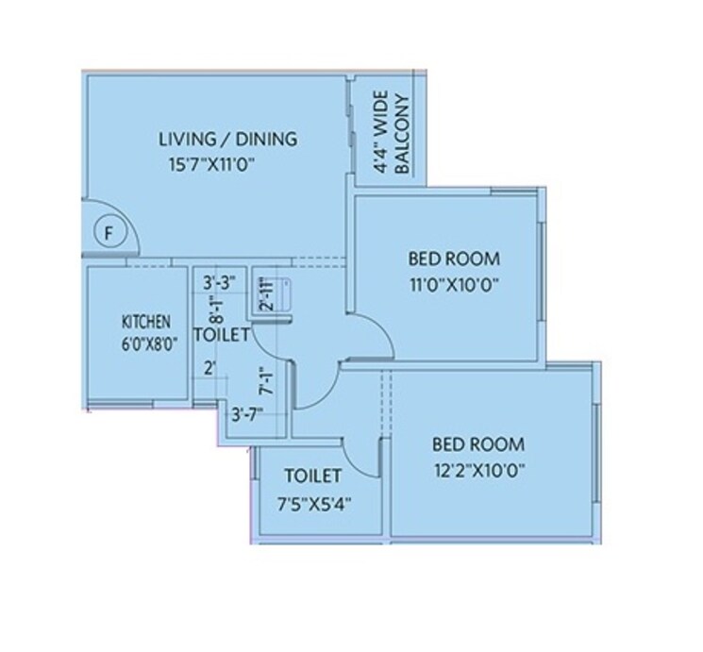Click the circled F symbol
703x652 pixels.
(x=109, y=232)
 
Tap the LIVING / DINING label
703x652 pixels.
(x=227, y=140)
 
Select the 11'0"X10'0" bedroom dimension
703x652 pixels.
(x=453, y=282)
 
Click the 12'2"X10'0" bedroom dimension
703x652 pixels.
(x=478, y=468)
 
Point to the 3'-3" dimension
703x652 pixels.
(x=219, y=280)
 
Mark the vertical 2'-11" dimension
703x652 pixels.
(x=267, y=293)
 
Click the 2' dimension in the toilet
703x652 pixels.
(x=210, y=369)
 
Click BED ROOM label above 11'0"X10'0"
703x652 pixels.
(x=454, y=258)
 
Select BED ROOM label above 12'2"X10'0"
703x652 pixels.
(x=477, y=443)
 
